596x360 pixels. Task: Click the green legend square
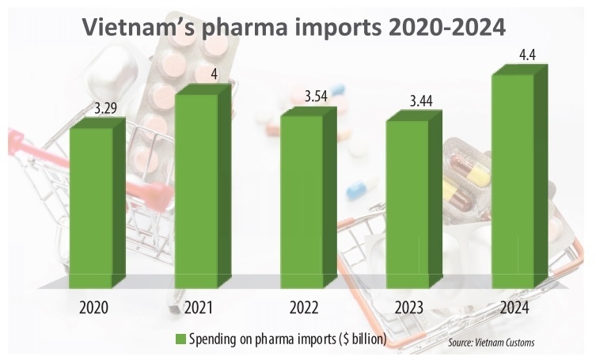tap(180, 339)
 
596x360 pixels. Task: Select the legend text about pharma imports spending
tap(288, 339)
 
